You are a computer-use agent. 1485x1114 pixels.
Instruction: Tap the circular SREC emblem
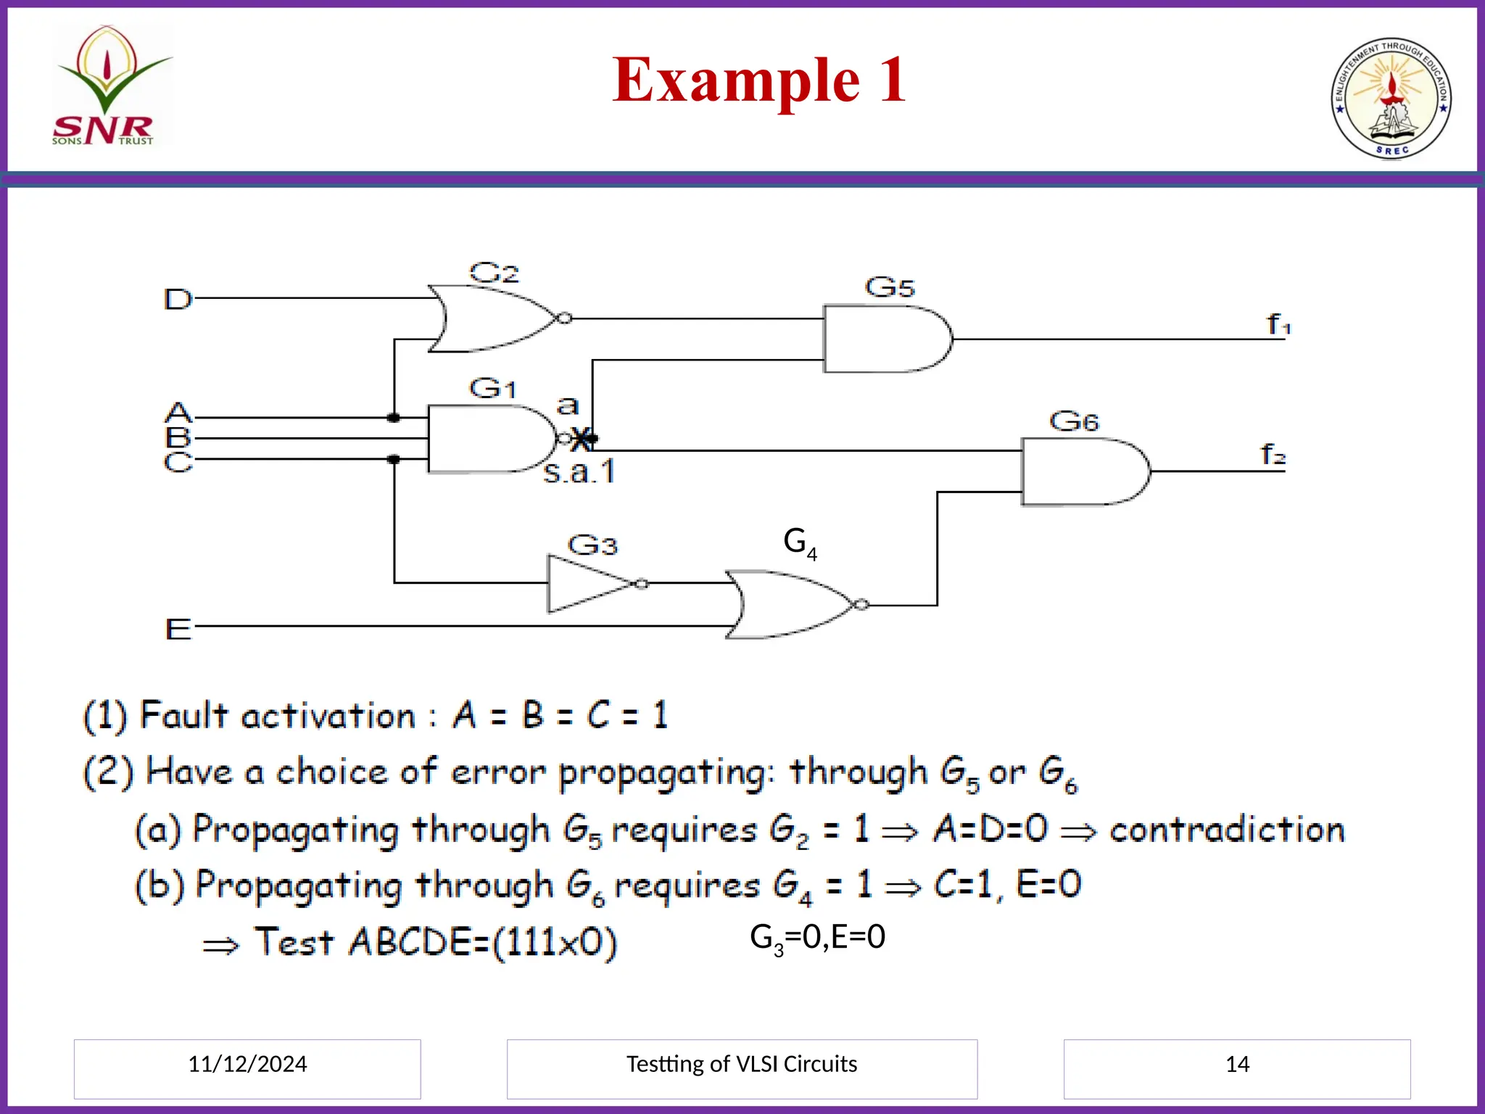coord(1391,99)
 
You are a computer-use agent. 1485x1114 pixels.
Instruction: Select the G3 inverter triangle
coord(587,584)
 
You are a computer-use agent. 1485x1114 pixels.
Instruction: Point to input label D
coord(178,299)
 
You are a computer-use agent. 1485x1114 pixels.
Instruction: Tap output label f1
coord(1278,324)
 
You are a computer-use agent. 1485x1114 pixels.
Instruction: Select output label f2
coord(1273,455)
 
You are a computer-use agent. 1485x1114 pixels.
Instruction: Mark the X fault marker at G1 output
coord(581,439)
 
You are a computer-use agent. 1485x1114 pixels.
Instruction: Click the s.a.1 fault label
coord(579,472)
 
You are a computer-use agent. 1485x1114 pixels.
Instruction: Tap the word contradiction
coord(1227,829)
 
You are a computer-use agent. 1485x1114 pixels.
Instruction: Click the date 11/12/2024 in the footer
coord(247,1064)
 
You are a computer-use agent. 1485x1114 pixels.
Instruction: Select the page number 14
coord(1237,1064)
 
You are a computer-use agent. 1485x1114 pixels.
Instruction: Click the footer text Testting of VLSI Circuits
coord(742,1064)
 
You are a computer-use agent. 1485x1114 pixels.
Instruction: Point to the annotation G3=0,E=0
coord(817,937)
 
